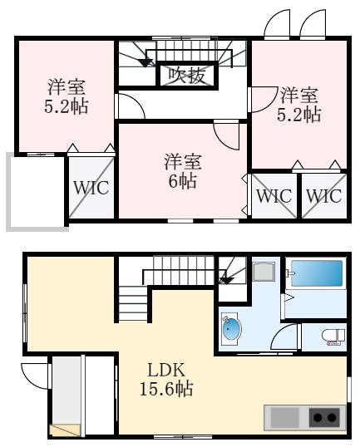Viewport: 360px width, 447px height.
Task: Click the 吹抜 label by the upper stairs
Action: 187,76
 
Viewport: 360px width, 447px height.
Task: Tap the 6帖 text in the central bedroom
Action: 182,180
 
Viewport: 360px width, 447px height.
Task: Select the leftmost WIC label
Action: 91,187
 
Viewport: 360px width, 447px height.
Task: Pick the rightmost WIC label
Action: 323,196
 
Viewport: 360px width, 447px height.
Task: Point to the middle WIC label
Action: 274,196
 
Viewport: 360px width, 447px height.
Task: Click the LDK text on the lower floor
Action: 166,370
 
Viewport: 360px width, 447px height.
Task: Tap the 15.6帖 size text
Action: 166,388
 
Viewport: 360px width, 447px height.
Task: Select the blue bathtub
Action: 316,274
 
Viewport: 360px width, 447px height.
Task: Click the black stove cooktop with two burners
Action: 325,417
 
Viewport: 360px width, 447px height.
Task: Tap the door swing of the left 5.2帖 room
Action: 126,106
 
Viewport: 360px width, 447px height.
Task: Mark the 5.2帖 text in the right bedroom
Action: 298,115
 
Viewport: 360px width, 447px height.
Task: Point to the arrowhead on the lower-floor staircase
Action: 224,280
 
